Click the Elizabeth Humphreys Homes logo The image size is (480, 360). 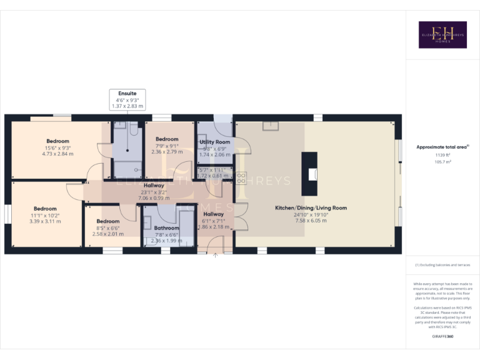[442, 35]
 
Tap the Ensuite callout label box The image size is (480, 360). [127, 100]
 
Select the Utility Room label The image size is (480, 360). [214, 142]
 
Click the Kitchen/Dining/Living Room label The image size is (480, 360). [311, 208]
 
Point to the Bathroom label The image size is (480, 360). [166, 228]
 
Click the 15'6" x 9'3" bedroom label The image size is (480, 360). [57, 141]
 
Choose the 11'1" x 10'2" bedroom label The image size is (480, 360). [45, 209]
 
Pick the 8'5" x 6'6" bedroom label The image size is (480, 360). [108, 221]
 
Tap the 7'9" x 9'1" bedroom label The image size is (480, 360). [167, 139]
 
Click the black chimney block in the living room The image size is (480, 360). [309, 175]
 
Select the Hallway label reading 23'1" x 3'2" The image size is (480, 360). [154, 186]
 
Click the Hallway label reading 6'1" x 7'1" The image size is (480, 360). [213, 214]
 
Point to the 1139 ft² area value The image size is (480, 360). [442, 156]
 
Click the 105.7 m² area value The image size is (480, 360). [442, 161]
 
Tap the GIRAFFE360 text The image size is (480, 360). [442, 337]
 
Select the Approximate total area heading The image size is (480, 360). [442, 147]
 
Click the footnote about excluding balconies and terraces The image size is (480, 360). [442, 265]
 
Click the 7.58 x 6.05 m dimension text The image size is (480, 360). [311, 221]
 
